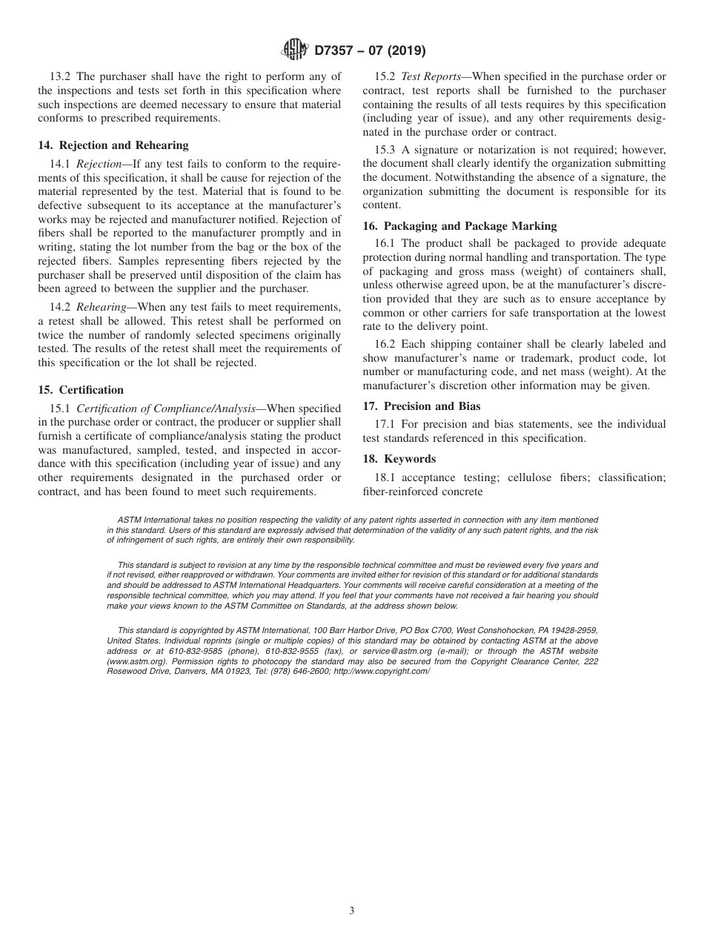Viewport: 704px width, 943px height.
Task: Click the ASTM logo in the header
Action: click(294, 51)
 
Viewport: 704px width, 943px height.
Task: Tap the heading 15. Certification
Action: click(81, 390)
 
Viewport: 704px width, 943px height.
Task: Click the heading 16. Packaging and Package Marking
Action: click(459, 226)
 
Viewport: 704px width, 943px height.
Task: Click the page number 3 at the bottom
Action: click(352, 911)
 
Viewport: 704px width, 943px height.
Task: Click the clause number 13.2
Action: click(62, 77)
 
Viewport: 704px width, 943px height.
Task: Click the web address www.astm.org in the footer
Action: click(131, 661)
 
